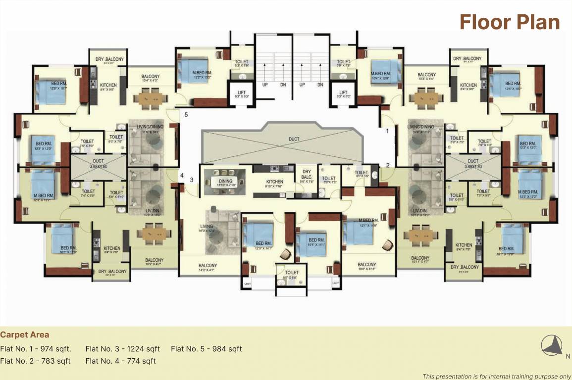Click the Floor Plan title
510,22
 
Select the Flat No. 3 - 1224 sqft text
122,349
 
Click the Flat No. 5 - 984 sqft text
206,349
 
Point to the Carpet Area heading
25,335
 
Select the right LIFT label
343,93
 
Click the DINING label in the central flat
226,181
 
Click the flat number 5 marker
186,115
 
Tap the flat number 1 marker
388,131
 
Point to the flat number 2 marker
388,165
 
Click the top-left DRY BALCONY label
109,59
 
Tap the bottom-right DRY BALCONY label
465,268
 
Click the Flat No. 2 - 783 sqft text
36,361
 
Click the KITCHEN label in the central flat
274,182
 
